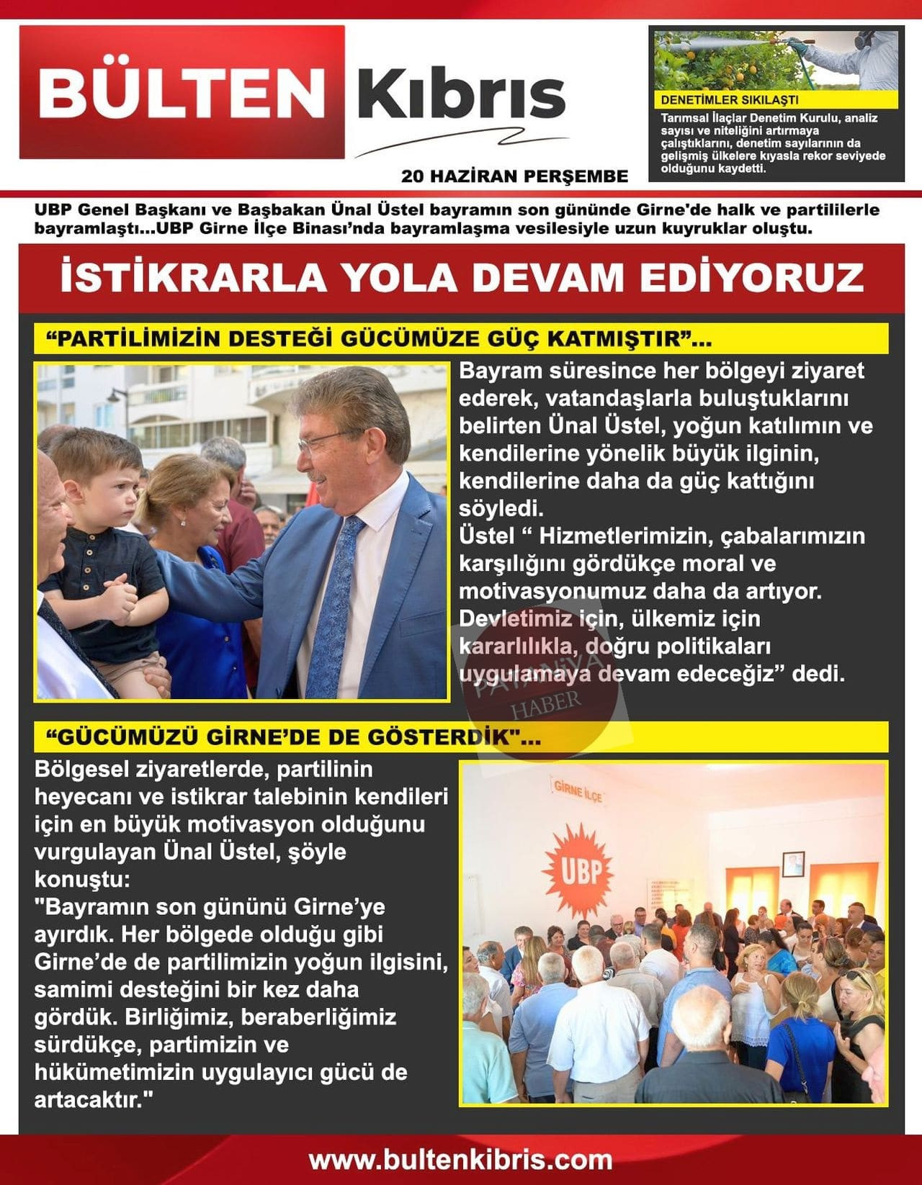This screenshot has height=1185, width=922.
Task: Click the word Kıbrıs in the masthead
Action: coord(461,94)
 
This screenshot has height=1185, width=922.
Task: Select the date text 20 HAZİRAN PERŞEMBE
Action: coord(514,176)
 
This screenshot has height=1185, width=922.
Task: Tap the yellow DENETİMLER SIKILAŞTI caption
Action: coord(729,100)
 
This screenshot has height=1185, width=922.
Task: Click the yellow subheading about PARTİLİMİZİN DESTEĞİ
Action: coord(377,338)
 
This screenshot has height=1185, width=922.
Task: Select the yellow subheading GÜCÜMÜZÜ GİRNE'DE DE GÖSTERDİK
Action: coord(292,738)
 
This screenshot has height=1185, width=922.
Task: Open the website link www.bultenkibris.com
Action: coord(461,1160)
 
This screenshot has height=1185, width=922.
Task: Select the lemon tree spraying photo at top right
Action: coord(776,58)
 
